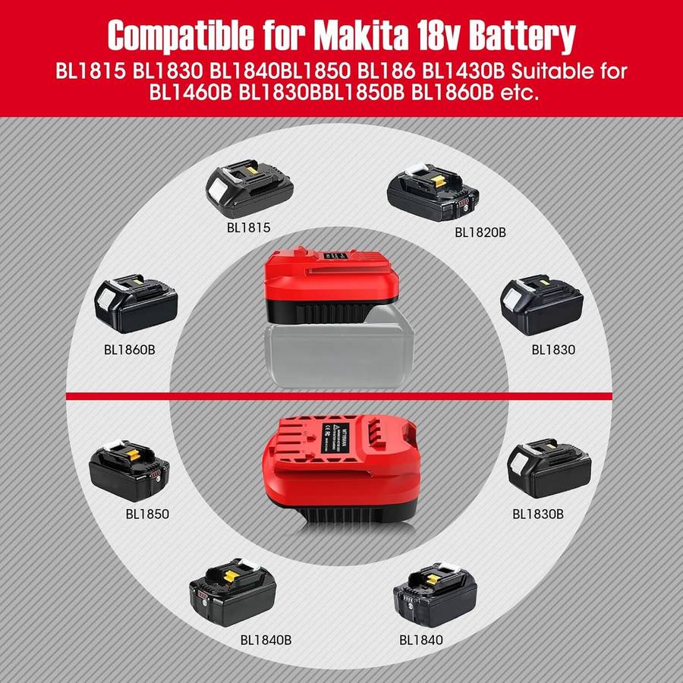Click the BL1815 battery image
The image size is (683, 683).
coord(249,186)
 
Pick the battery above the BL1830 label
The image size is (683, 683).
coord(541,307)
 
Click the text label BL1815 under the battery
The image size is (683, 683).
coord(247,227)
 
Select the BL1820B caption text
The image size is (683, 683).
coord(480,232)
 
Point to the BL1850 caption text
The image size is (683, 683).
coord(147,513)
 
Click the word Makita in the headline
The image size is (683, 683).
coord(381,35)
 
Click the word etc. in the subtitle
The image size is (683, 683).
coord(518,95)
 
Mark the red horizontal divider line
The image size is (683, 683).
coord(341,395)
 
